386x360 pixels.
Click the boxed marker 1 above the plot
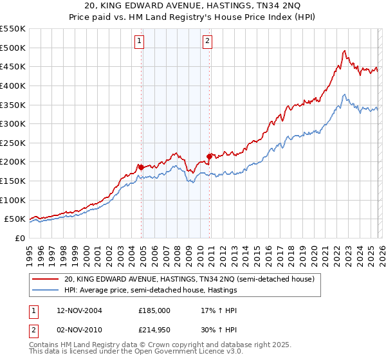tap(140, 41)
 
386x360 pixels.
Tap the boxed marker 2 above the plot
tap(208, 41)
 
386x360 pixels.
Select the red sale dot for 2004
tap(141, 167)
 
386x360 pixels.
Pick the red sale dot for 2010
tap(209, 156)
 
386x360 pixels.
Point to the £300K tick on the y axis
tap(13, 123)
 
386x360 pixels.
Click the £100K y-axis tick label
tap(13, 200)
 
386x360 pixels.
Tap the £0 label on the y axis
tap(20, 238)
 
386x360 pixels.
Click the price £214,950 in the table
tap(154, 330)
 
